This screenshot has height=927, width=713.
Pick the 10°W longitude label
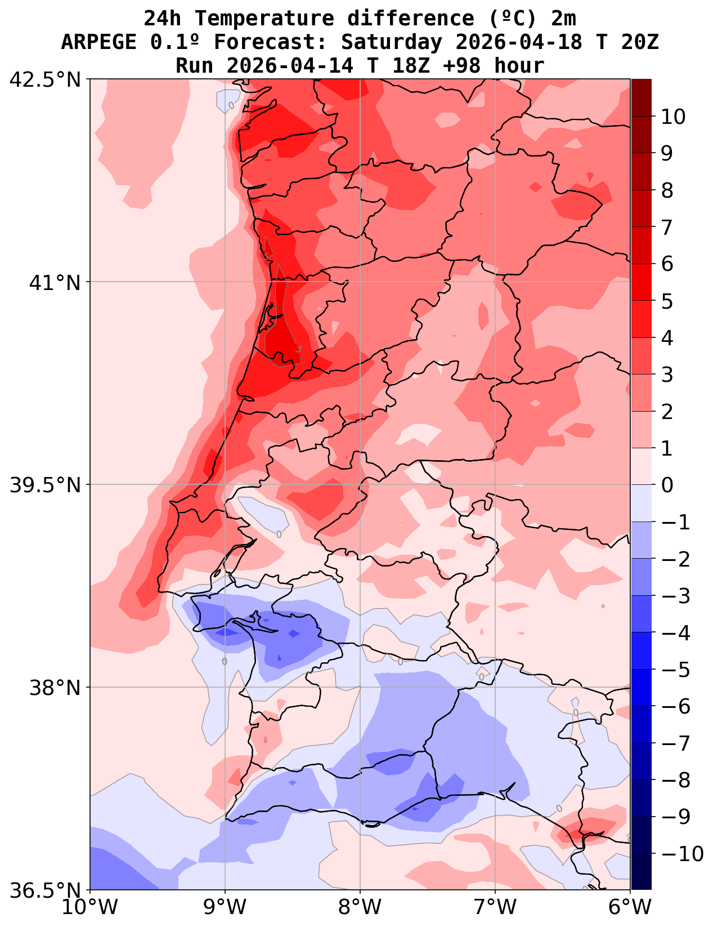(x=90, y=907)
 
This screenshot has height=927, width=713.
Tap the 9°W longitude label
(x=225, y=907)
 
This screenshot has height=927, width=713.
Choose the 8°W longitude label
(x=360, y=907)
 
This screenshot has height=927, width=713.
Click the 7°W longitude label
(x=495, y=907)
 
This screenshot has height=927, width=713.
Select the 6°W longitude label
(x=630, y=907)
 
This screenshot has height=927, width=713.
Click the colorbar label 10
(x=673, y=117)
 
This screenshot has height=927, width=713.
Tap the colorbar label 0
(x=667, y=485)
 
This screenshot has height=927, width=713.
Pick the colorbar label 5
(x=667, y=301)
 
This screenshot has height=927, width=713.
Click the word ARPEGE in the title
(x=98, y=42)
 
